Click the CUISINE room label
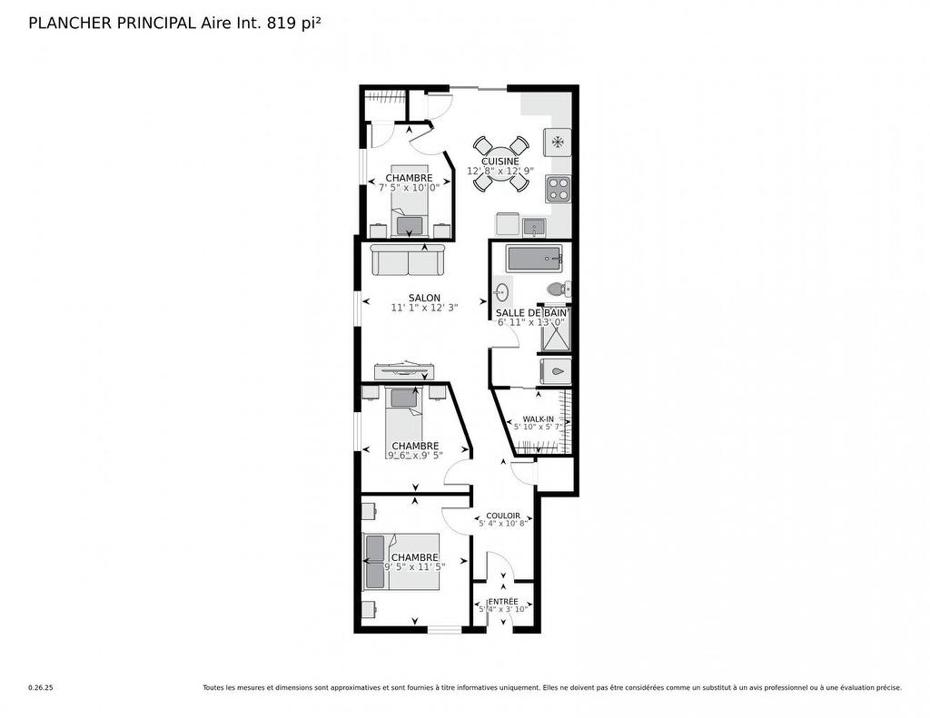[x=500, y=162]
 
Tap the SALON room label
[x=424, y=298]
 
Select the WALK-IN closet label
[x=538, y=418]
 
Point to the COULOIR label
[x=503, y=516]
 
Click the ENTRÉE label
[x=503, y=601]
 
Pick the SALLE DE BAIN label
[x=531, y=312]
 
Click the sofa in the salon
[x=407, y=261]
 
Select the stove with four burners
[x=558, y=189]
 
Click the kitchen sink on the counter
[x=533, y=225]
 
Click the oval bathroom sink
[x=501, y=292]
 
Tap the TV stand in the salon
[x=405, y=369]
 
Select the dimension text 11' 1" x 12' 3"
[x=424, y=308]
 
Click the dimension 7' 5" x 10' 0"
[x=409, y=188]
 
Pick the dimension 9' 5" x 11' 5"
[x=414, y=567]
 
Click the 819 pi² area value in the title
[x=293, y=24]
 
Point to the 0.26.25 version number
[x=41, y=688]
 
